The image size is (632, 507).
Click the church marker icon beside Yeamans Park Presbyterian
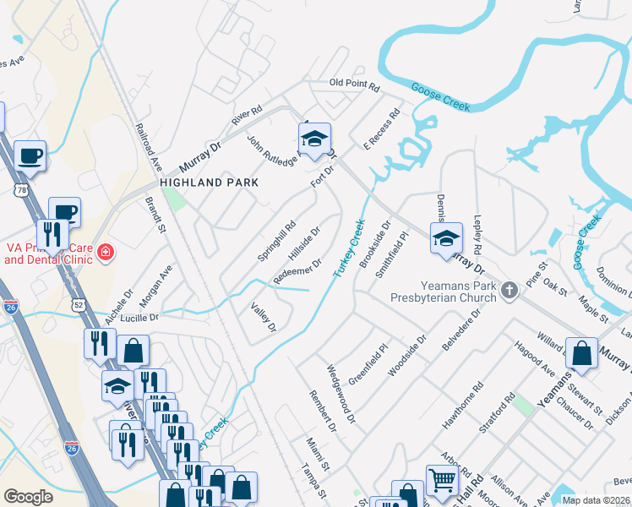coord(509,291)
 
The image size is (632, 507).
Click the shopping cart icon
coord(442,482)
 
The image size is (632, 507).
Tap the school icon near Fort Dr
coord(313,139)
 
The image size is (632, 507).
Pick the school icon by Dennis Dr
coord(446,239)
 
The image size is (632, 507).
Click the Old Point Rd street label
coord(355,84)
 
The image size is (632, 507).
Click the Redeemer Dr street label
coord(297,272)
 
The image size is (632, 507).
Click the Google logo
coord(29,497)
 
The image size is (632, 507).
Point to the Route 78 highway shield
coord(19,192)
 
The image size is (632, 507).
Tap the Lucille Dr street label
coord(142,319)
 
